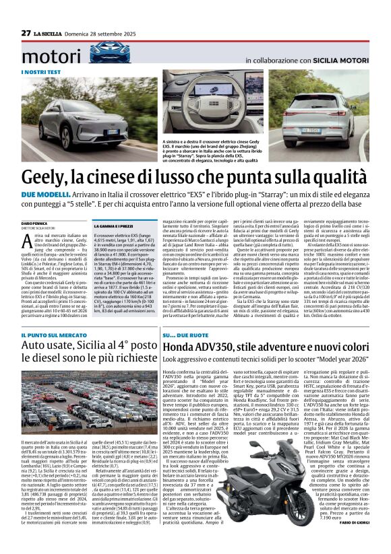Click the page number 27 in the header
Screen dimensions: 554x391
pyautogui.click(x=26, y=33)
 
